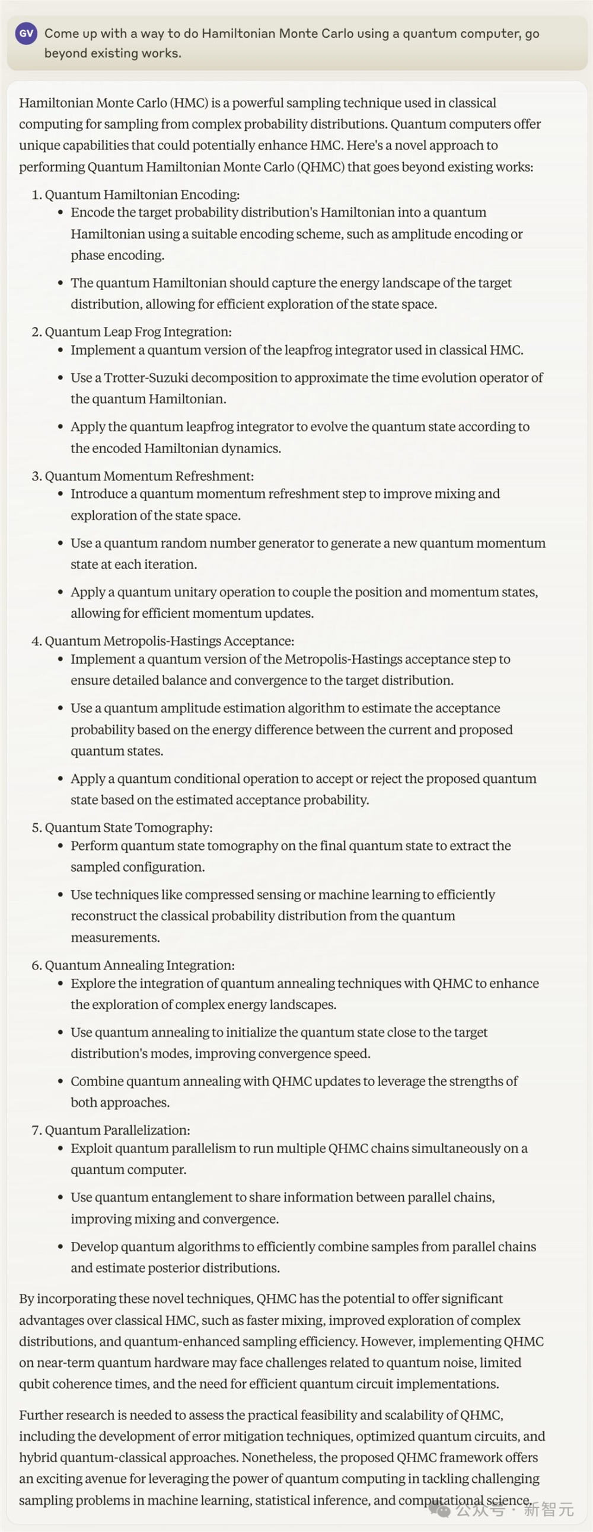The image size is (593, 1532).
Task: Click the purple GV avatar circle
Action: (x=26, y=34)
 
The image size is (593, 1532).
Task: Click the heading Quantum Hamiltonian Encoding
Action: (x=142, y=194)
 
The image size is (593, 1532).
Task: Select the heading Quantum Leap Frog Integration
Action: (x=138, y=332)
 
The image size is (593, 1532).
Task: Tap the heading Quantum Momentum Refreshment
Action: (x=149, y=476)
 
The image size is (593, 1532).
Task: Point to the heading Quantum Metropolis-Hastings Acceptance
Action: (x=169, y=641)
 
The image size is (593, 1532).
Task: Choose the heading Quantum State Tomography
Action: (x=128, y=827)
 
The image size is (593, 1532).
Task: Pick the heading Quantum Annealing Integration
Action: (x=139, y=965)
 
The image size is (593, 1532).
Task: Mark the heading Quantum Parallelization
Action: (x=117, y=1130)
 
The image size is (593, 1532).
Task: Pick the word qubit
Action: (x=34, y=1384)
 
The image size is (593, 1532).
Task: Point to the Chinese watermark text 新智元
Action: (x=549, y=1509)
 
